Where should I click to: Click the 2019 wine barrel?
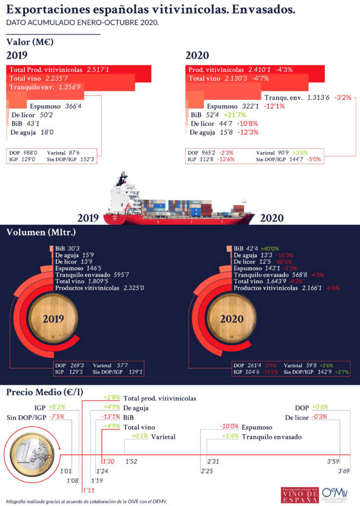pos(53,319)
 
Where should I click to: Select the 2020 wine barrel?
pos(231,319)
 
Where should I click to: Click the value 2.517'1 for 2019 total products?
pos(97,70)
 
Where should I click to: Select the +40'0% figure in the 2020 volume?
pos(270,249)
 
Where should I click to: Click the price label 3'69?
pos(344,471)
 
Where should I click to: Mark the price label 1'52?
pos(131,461)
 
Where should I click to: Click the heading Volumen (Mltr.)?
pos(41,231)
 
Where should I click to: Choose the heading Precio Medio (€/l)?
pos(44,392)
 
